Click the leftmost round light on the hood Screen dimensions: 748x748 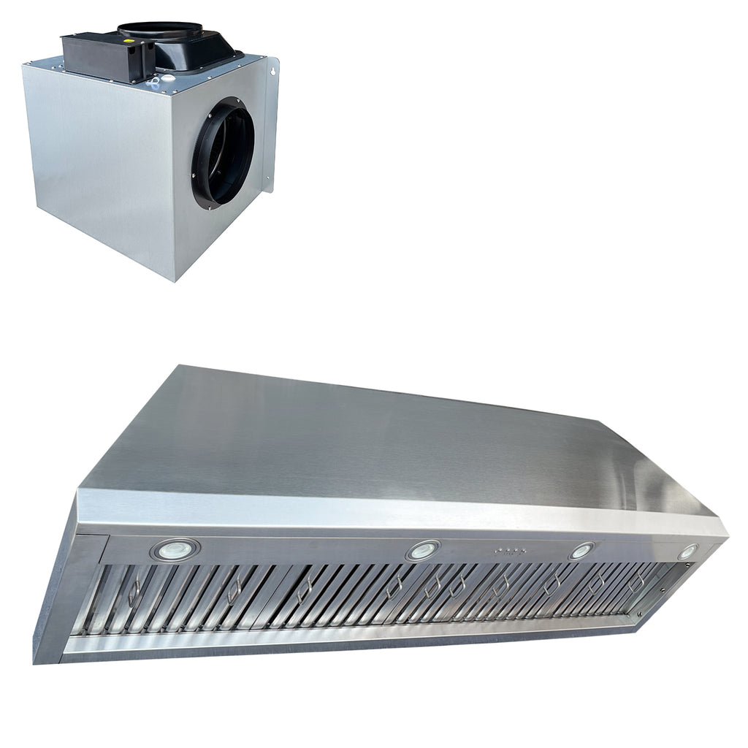(x=175, y=549)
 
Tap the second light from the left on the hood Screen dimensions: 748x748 (x=423, y=550)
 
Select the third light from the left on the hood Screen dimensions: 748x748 (x=582, y=551)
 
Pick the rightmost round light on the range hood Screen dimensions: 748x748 (x=687, y=552)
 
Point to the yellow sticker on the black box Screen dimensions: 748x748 (x=131, y=42)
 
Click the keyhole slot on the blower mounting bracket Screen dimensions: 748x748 (x=272, y=72)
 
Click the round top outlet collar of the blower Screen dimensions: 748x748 (x=161, y=29)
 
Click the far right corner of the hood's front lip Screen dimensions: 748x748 (x=725, y=533)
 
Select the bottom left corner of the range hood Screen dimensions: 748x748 (x=37, y=662)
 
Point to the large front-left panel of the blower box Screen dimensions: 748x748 (x=99, y=168)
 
